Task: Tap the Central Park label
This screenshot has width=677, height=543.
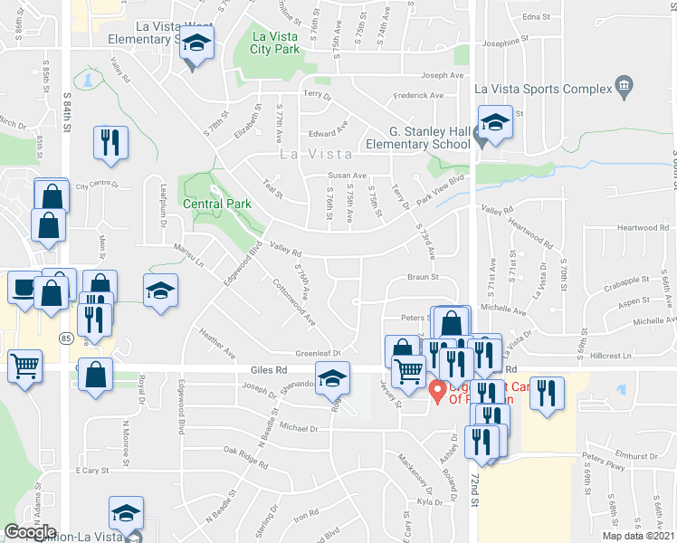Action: pyautogui.click(x=217, y=204)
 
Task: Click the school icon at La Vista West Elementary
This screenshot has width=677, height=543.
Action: pyautogui.click(x=195, y=43)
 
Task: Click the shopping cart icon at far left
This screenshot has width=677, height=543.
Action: pyautogui.click(x=24, y=367)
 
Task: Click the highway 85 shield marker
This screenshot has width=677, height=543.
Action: pyautogui.click(x=67, y=338)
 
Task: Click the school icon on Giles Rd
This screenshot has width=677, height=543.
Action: pyautogui.click(x=332, y=376)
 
